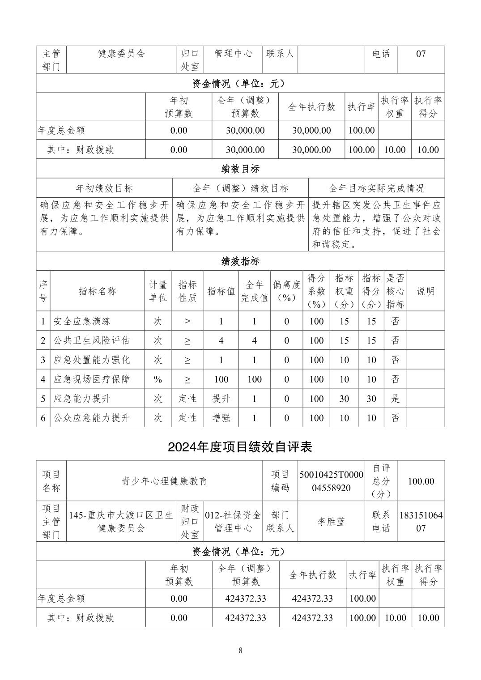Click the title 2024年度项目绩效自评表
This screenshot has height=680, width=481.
(x=240, y=447)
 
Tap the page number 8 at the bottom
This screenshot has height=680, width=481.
(x=240, y=650)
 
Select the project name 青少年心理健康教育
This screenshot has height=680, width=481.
(x=165, y=481)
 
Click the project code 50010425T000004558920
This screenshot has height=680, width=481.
(x=331, y=481)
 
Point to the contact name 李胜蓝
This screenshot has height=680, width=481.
(x=331, y=522)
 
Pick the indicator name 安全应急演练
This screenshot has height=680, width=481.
(x=82, y=321)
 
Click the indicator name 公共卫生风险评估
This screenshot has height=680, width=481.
(x=91, y=340)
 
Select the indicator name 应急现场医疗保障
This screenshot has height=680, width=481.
(x=91, y=379)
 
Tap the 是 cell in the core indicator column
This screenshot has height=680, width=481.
(x=395, y=399)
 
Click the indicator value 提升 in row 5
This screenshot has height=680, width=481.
(x=221, y=399)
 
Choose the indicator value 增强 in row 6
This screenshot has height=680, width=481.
(x=221, y=418)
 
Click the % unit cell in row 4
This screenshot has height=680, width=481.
(x=158, y=379)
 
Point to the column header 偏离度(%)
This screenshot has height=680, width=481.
(x=286, y=291)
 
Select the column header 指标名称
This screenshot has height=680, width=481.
(x=97, y=291)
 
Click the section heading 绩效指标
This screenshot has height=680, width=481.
(x=240, y=261)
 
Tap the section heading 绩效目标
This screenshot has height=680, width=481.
(x=240, y=169)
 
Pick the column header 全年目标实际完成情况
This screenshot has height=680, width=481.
(x=376, y=188)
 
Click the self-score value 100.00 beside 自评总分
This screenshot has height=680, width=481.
(x=421, y=481)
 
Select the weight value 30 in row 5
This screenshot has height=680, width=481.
(x=344, y=399)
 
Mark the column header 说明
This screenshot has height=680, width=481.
(x=426, y=291)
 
